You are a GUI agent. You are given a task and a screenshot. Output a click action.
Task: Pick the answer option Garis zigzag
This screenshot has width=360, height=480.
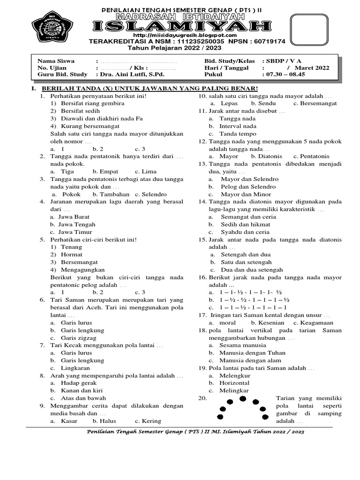79,338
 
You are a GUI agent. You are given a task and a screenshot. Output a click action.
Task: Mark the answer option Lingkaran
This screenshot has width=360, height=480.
75,368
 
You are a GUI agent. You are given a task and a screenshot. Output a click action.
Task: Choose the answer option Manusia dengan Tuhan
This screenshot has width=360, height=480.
253,353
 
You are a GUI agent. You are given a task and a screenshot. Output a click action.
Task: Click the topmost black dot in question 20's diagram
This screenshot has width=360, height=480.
242,398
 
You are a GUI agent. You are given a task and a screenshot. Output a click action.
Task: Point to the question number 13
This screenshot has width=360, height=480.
202,164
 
